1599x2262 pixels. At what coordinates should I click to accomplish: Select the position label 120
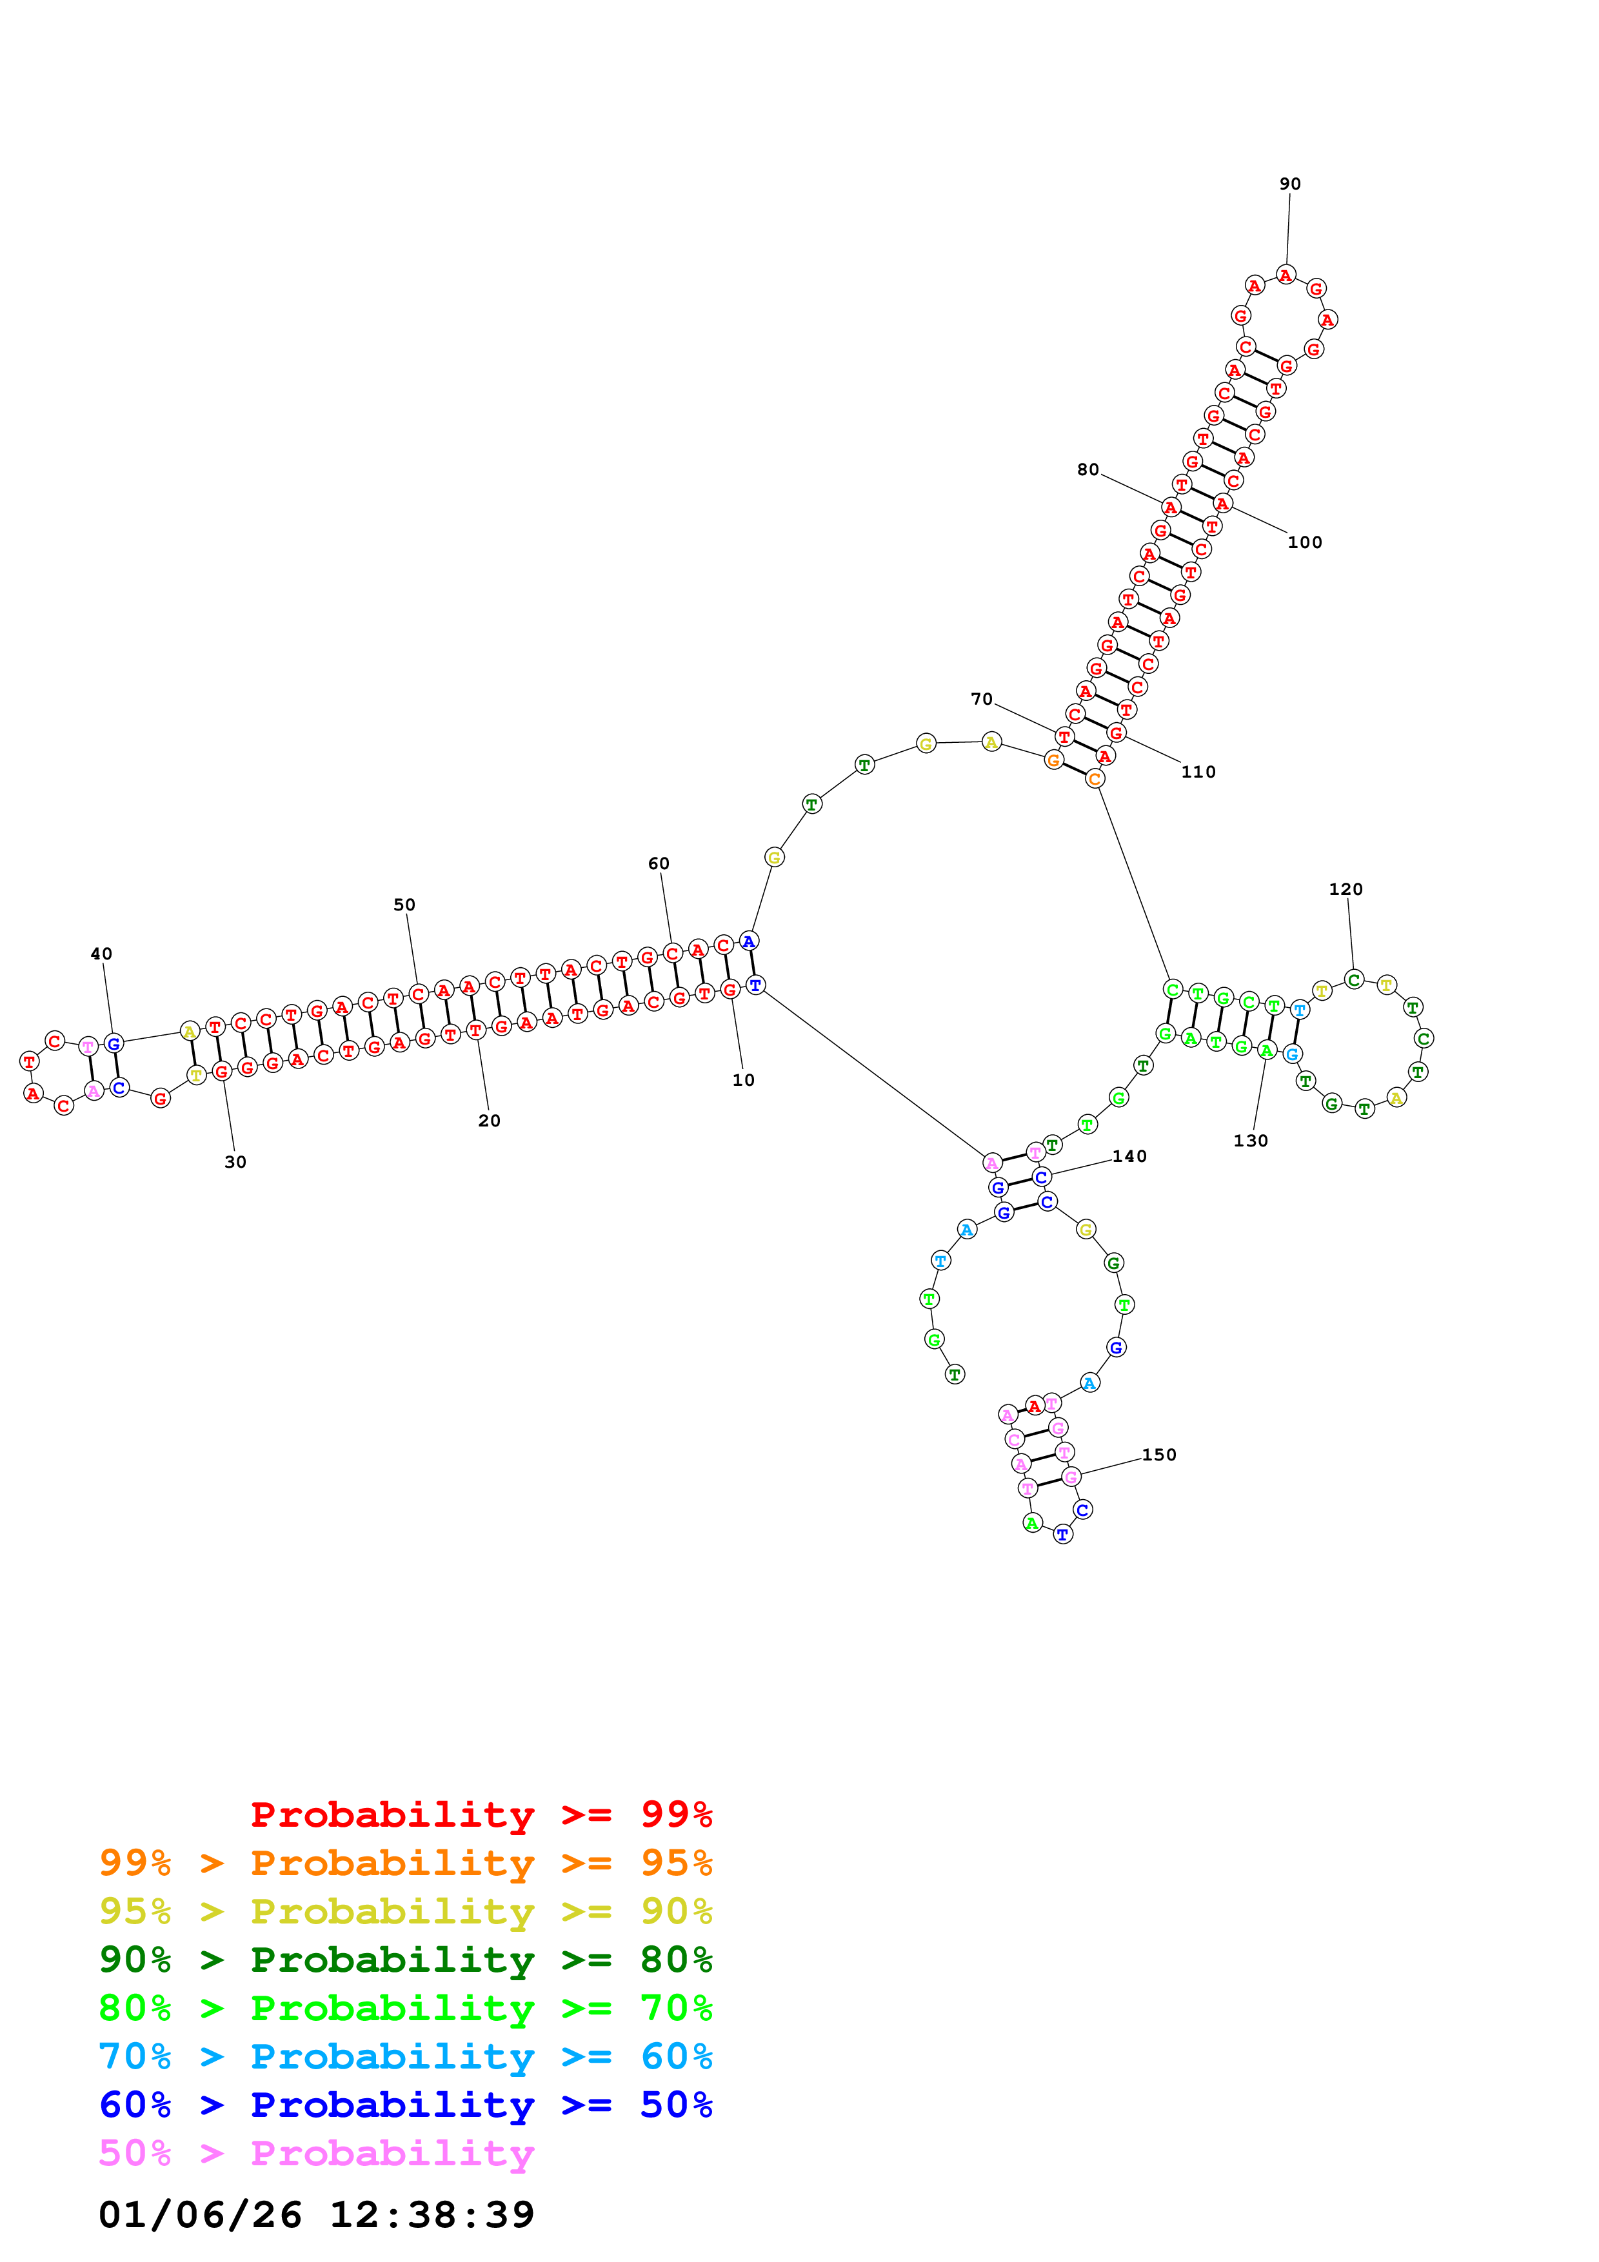tap(1345, 890)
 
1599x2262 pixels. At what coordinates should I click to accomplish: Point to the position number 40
tap(101, 954)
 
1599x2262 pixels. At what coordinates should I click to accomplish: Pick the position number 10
tap(743, 1080)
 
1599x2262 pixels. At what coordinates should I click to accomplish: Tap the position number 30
tap(235, 1163)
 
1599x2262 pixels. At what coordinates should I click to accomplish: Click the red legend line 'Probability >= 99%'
tap(481, 1815)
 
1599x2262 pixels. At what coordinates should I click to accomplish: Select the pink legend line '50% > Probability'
tap(315, 2154)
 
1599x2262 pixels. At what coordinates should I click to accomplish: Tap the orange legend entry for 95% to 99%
tap(405, 1863)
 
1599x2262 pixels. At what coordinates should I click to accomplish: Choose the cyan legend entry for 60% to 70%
tap(405, 2057)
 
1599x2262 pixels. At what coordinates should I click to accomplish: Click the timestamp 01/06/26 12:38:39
tap(316, 2215)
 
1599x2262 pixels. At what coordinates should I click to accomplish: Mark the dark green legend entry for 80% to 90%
tap(405, 1960)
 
